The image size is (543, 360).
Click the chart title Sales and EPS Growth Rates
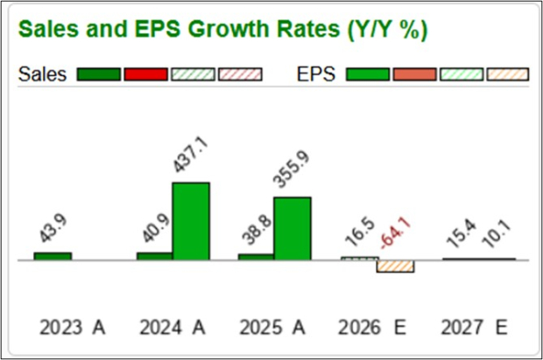(x=222, y=29)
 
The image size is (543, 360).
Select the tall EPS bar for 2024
(x=191, y=221)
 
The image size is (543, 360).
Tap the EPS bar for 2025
(x=293, y=228)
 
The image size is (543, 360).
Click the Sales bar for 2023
(x=53, y=256)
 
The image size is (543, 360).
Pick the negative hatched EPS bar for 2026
(x=395, y=266)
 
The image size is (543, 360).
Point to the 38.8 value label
(x=257, y=231)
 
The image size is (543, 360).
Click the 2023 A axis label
(x=72, y=328)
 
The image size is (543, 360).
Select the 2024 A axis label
(x=173, y=328)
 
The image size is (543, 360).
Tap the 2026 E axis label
(x=376, y=328)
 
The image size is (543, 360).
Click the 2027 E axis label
(x=477, y=328)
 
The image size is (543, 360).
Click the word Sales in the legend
(x=43, y=74)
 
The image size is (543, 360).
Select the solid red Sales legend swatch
(x=146, y=75)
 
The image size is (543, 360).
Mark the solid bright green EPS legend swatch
(x=369, y=75)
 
